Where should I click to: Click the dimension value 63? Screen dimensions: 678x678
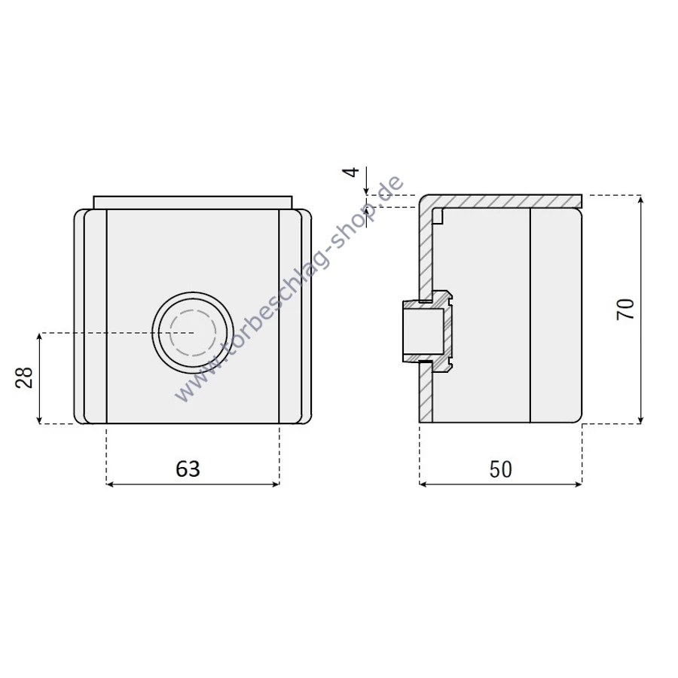point(188,469)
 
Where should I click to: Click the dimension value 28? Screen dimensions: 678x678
point(24,377)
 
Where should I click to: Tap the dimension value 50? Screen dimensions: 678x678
point(501,469)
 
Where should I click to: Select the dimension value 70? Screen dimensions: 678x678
point(625,309)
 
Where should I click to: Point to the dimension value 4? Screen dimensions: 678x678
point(351,172)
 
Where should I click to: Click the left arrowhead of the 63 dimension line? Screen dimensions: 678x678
point(110,484)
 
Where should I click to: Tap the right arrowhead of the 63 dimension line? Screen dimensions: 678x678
point(276,484)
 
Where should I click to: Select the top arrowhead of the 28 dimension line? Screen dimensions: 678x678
point(39,337)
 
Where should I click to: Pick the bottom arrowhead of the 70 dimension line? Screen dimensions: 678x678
point(641,420)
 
